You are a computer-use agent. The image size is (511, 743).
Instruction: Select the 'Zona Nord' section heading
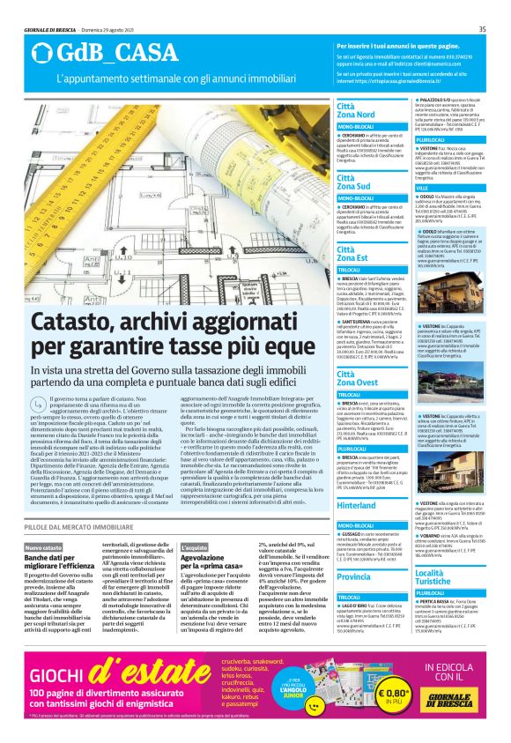click(x=355, y=115)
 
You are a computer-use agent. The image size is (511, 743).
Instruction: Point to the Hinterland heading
click(x=357, y=507)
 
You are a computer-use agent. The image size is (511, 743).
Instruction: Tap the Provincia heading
click(x=354, y=576)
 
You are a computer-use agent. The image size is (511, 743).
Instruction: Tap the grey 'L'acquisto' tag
click(x=195, y=547)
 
